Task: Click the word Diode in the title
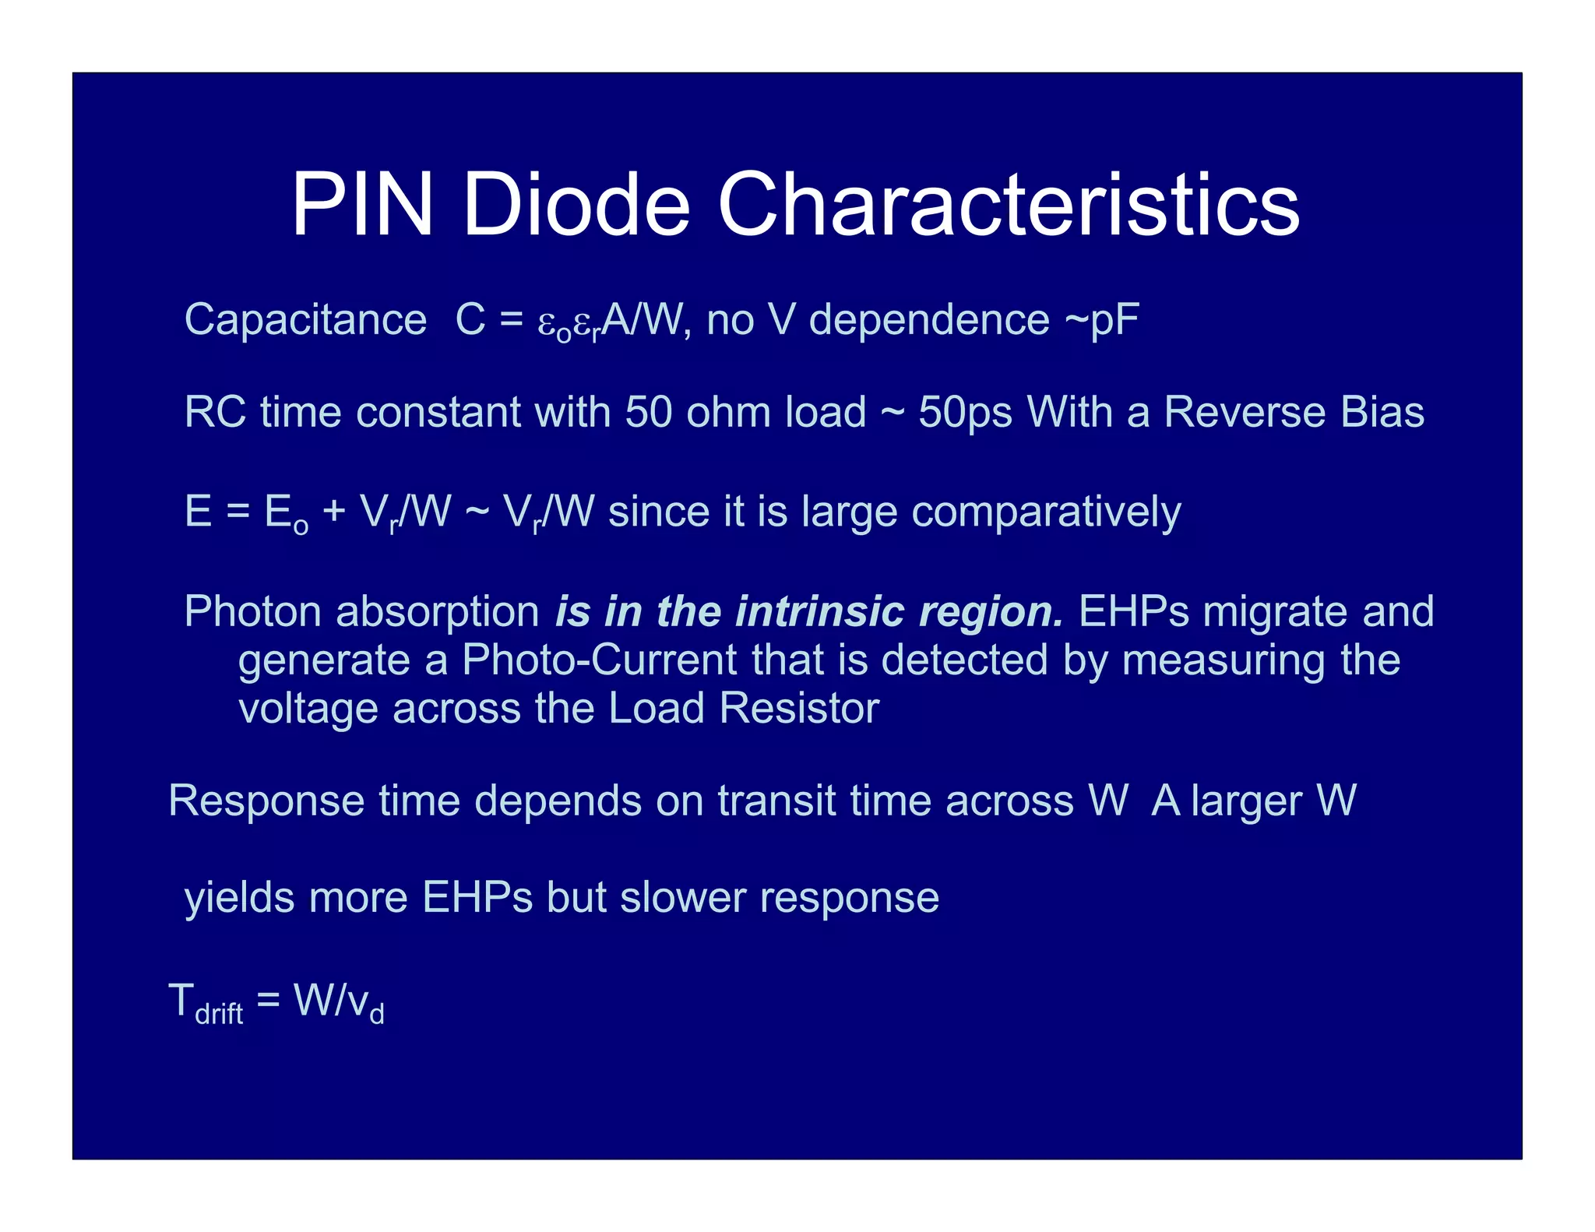pyautogui.click(x=576, y=206)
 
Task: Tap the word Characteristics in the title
pyautogui.click(x=1009, y=206)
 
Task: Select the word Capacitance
pyautogui.click(x=305, y=320)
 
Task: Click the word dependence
pyautogui.click(x=929, y=320)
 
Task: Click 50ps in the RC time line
pyautogui.click(x=965, y=412)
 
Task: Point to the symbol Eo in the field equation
pyautogui.click(x=286, y=514)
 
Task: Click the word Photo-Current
pyautogui.click(x=599, y=660)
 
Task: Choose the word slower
pyautogui.click(x=682, y=897)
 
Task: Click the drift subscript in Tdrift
pyautogui.click(x=219, y=1013)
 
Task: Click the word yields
pyautogui.click(x=239, y=897)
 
